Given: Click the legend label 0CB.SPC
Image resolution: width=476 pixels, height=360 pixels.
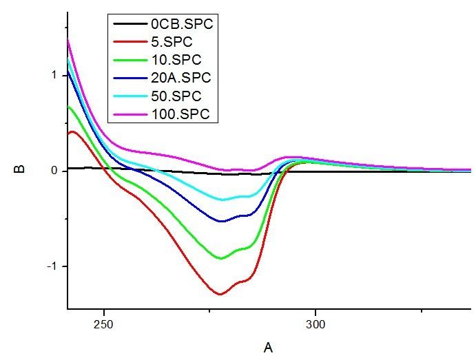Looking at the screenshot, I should tap(182, 24).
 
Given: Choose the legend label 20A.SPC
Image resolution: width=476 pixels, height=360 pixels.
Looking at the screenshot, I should tap(181, 77).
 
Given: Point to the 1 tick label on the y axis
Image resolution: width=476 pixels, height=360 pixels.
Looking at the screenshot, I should tap(53, 75).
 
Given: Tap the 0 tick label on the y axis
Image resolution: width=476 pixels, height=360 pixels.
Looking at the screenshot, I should tap(53, 171).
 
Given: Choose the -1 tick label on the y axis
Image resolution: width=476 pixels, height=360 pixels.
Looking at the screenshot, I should tap(50, 266).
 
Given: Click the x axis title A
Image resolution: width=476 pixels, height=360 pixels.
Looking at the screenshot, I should tap(268, 347).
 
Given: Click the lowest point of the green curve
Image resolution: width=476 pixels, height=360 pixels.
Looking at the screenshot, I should tap(221, 258).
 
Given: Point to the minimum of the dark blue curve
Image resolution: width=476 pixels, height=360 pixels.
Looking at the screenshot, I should tap(221, 222).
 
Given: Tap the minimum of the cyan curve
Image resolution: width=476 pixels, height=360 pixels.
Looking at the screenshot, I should tap(222, 200).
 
